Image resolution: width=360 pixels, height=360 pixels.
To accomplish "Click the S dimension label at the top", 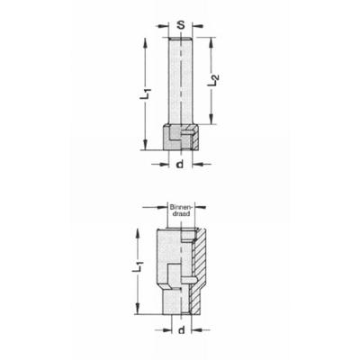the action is tap(180, 25).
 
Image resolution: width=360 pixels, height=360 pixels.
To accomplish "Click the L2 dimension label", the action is tap(213, 80).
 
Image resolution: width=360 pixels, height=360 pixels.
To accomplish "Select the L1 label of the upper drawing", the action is tap(146, 93).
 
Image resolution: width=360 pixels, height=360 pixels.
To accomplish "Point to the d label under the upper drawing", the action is tap(179, 164).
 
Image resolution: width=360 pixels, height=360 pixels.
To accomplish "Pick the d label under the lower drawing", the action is tap(181, 330).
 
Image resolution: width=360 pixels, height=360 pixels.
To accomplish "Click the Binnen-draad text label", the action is tap(180, 211).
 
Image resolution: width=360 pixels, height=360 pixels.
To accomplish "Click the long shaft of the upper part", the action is tap(180, 80).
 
